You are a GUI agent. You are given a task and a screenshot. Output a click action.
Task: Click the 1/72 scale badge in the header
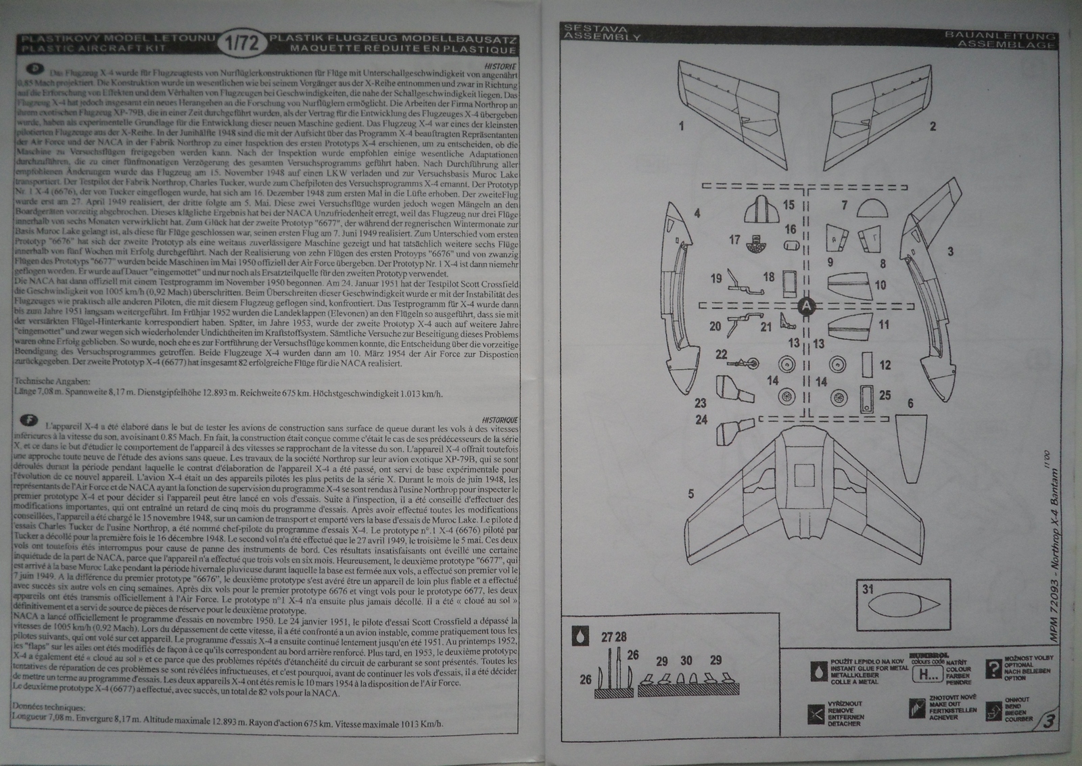(x=241, y=44)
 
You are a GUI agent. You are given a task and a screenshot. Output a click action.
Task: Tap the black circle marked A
(x=805, y=306)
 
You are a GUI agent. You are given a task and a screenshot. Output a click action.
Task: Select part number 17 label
(x=734, y=240)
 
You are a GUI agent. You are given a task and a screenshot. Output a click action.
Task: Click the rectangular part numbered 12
(x=867, y=366)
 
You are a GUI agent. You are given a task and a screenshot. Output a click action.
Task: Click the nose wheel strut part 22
(x=747, y=364)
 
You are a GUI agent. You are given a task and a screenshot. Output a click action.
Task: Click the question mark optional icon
(x=993, y=669)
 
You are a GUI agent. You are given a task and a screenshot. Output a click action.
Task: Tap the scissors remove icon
(x=816, y=713)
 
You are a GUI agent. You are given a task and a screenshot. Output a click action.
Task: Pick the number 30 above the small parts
(x=686, y=661)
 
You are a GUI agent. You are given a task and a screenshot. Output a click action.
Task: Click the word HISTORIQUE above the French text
(x=500, y=420)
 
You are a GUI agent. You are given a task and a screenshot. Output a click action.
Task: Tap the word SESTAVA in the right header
(x=586, y=29)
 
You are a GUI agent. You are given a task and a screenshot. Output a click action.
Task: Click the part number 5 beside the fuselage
(x=690, y=494)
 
